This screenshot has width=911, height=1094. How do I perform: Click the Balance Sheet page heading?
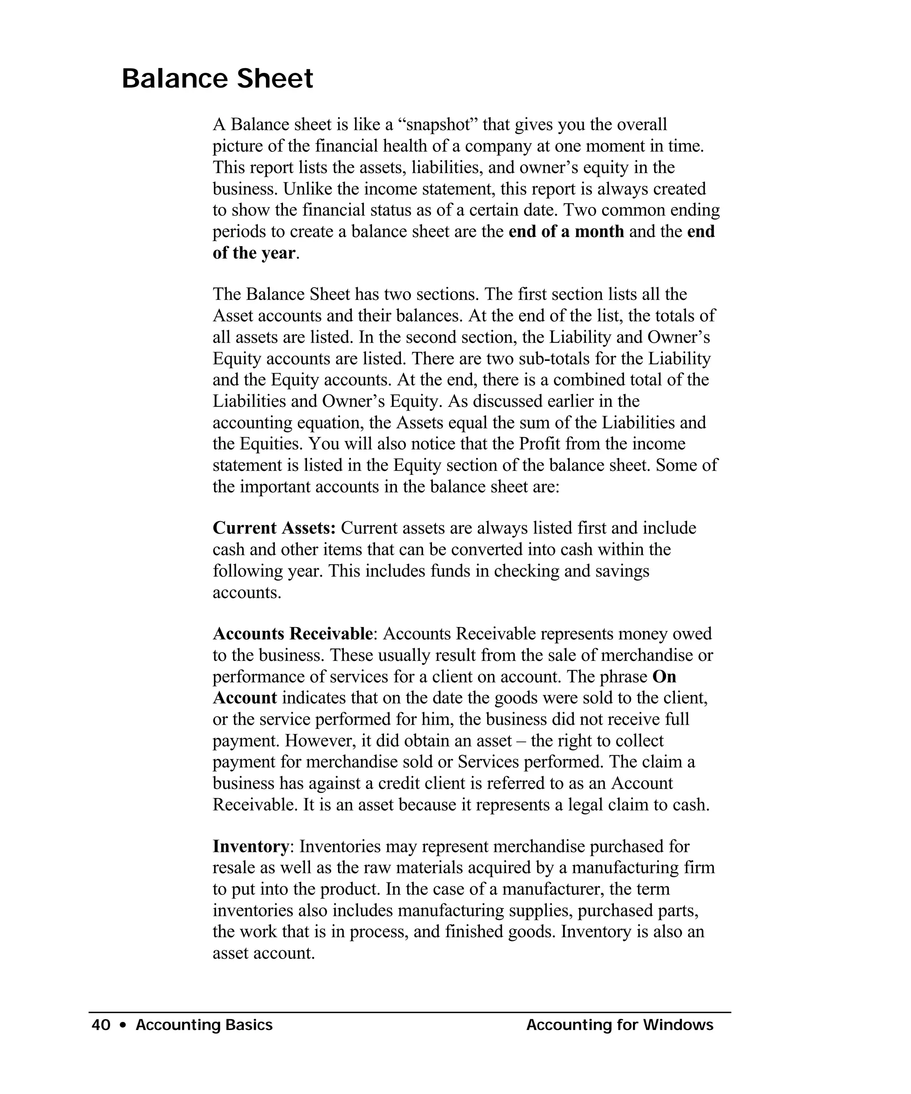click(217, 79)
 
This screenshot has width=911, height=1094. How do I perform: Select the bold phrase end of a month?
click(566, 231)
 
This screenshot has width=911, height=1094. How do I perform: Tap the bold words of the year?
click(254, 253)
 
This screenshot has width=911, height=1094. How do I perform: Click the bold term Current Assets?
click(274, 528)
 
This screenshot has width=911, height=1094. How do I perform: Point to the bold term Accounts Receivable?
click(293, 633)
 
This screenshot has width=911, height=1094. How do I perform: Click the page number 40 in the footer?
click(101, 1025)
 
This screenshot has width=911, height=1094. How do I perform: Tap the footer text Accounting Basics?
click(204, 1025)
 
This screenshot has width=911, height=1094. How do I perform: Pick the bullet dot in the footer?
click(123, 1025)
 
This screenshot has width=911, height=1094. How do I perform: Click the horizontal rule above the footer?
click(409, 1012)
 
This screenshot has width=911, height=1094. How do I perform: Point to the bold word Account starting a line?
click(245, 697)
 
